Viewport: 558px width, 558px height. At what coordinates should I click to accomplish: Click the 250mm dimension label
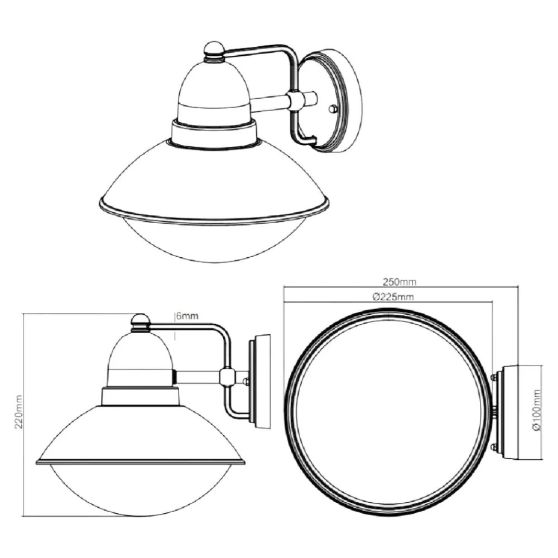(x=400, y=282)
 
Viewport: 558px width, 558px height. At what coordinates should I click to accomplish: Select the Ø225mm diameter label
(x=393, y=296)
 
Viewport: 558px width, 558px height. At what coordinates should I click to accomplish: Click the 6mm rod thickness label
(x=187, y=316)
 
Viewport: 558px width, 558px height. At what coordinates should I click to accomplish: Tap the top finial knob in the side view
(x=141, y=323)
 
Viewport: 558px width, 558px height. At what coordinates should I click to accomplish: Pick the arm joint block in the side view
(x=227, y=377)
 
